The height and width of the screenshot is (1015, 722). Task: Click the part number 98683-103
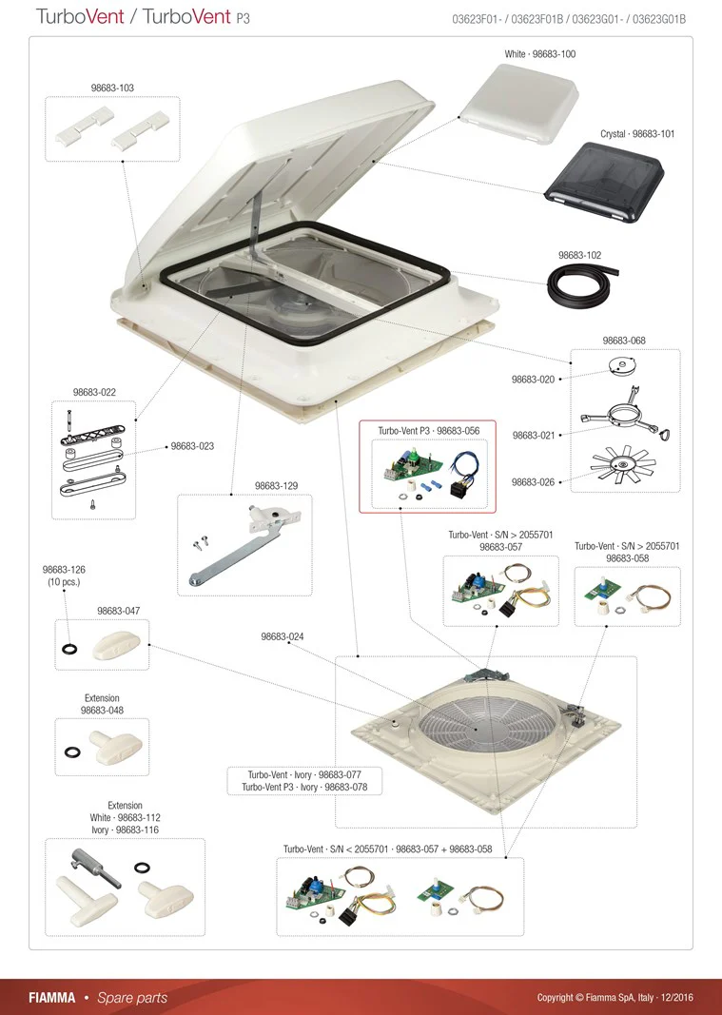pyautogui.click(x=112, y=88)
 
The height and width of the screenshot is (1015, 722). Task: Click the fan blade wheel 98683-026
pyautogui.click(x=624, y=465)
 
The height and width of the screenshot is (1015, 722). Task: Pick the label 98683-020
pyautogui.click(x=533, y=380)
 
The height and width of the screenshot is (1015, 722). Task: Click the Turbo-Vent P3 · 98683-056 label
pyautogui.click(x=429, y=431)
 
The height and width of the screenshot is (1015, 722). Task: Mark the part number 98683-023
pyautogui.click(x=192, y=446)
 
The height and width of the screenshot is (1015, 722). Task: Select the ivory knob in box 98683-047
pyautogui.click(x=117, y=645)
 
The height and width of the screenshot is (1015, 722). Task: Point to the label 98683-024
pyautogui.click(x=283, y=636)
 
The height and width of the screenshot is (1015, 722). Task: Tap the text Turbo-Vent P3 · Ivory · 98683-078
pyautogui.click(x=304, y=787)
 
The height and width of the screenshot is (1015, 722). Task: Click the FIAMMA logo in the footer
pyautogui.click(x=51, y=998)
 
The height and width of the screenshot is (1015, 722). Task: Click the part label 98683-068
pyautogui.click(x=624, y=341)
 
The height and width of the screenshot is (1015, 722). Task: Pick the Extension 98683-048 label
pyautogui.click(x=103, y=704)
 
